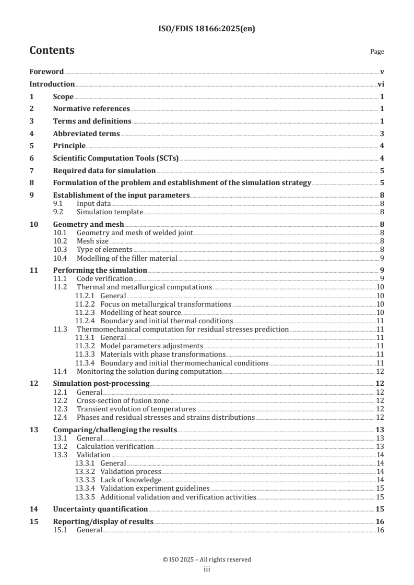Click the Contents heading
(52, 51)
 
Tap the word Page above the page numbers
(377, 52)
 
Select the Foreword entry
(46, 71)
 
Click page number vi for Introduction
(381, 84)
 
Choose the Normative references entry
(91, 109)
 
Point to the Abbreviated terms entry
(86, 134)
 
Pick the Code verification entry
(104, 279)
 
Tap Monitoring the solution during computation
(149, 371)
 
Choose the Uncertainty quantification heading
(100, 509)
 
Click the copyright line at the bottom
(207, 559)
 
